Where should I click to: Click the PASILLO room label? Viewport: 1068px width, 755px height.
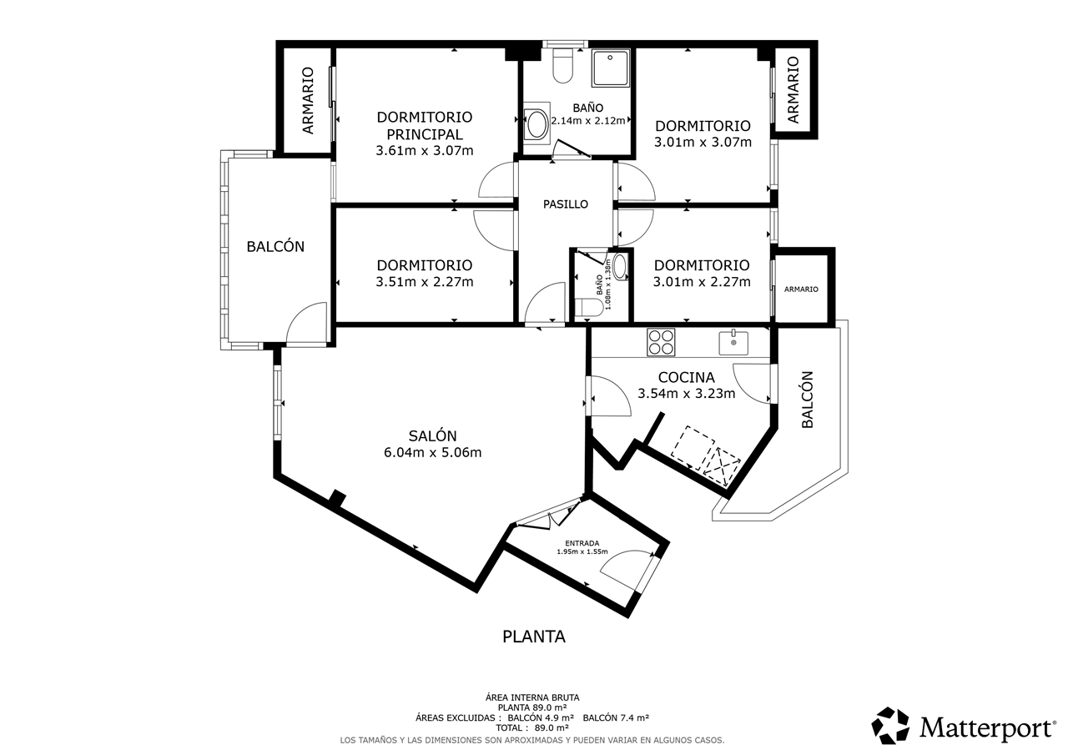(x=566, y=204)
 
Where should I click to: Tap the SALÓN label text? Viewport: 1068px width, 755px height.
(x=432, y=435)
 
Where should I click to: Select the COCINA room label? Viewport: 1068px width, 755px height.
(x=686, y=377)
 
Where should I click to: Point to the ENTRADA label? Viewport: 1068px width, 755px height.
(x=582, y=543)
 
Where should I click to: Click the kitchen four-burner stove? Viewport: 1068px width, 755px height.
(x=661, y=342)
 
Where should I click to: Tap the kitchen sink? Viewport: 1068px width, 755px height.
(x=733, y=343)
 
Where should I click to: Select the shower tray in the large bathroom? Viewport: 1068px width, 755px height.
(x=611, y=68)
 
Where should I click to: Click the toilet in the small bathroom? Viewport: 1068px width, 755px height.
(x=589, y=308)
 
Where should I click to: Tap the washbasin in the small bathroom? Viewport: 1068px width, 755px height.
(x=620, y=267)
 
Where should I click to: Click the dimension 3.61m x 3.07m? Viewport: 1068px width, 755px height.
(x=425, y=151)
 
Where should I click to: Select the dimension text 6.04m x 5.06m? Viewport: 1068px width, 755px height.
(x=432, y=452)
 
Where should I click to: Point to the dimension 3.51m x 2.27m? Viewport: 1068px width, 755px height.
(x=425, y=282)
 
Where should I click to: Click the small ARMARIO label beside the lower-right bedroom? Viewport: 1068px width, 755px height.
(x=801, y=289)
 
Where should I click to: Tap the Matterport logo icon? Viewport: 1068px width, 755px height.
(x=890, y=726)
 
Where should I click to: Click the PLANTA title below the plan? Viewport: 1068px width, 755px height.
(x=534, y=637)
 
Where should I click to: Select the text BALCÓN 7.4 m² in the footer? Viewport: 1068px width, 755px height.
(x=616, y=717)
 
